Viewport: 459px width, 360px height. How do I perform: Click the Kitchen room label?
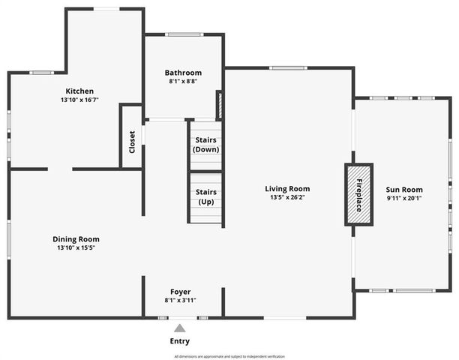79,91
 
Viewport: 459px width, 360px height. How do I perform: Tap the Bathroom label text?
183,73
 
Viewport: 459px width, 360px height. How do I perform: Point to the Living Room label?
287,189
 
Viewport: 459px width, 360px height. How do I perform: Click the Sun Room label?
405,190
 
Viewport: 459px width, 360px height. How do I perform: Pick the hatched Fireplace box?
358,193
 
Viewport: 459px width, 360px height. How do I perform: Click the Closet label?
132,142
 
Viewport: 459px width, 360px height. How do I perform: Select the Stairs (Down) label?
205,144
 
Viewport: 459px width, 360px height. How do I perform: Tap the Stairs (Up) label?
205,197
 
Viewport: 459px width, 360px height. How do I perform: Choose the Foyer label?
180,292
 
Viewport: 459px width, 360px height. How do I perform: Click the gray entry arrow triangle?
179,328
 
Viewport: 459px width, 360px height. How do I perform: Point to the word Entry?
180,341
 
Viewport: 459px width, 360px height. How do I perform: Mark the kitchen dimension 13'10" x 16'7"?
80,100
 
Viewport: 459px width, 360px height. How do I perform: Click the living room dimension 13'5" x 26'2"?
287,198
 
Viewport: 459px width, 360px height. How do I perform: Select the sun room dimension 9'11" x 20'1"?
405,199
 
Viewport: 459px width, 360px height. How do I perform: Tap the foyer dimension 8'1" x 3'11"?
180,300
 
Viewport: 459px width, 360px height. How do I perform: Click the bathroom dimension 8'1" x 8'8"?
183,81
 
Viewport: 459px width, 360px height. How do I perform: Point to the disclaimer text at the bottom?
229,356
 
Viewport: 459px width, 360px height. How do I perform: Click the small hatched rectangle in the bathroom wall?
219,105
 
